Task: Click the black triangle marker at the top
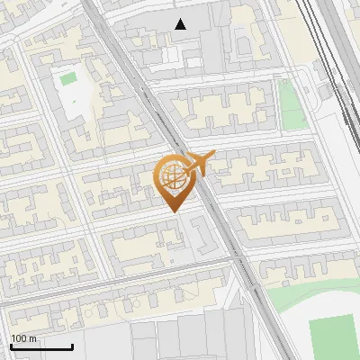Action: click(x=182, y=24)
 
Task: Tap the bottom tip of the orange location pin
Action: click(x=171, y=210)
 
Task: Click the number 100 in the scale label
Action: click(x=18, y=338)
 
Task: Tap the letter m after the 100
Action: click(x=32, y=338)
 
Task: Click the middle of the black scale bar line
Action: click(x=40, y=346)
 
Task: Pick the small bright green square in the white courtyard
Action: click(x=68, y=78)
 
